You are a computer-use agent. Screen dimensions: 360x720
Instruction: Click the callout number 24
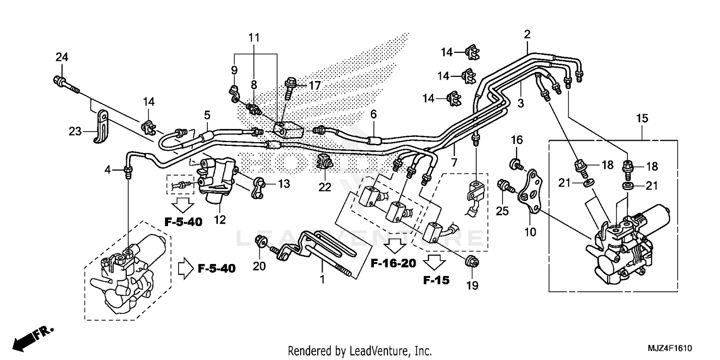(61, 57)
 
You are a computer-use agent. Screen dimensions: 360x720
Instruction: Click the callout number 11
(254, 37)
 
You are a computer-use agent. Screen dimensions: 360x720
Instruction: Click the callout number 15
(642, 118)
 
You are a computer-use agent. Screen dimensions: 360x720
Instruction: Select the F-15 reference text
(436, 280)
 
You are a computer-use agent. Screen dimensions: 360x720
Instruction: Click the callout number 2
(527, 34)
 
